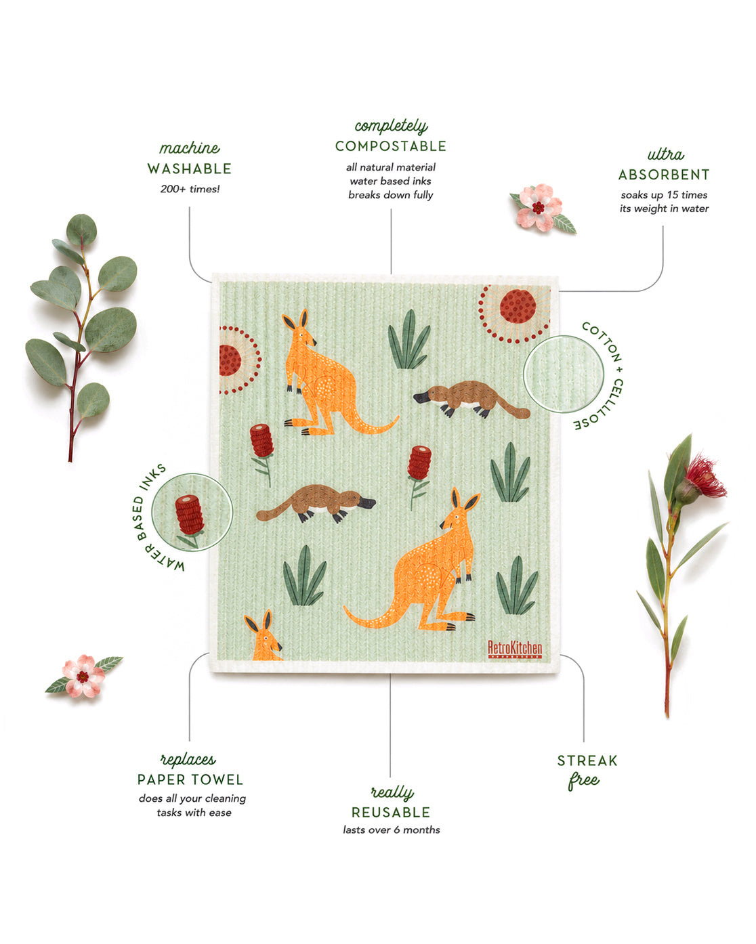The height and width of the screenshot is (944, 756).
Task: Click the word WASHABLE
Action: (189, 169)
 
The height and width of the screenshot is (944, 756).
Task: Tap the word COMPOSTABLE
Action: (390, 146)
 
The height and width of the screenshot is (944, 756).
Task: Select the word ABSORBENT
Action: (664, 175)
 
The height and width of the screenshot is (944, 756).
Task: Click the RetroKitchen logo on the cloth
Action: (515, 649)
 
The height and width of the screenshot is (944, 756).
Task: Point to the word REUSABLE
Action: (390, 813)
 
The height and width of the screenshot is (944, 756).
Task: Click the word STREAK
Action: (587, 760)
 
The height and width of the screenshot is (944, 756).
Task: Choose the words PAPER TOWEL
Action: (190, 779)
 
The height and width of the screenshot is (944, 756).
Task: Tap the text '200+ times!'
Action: (190, 189)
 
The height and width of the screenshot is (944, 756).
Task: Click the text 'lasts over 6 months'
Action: (392, 830)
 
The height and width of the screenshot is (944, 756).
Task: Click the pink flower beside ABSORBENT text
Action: (542, 209)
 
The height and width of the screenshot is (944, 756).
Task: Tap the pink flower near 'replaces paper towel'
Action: (83, 676)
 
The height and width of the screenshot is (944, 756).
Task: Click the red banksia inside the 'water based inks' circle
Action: (189, 515)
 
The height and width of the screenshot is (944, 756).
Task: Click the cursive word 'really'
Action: (392, 792)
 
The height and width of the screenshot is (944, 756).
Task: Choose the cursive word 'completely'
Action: (391, 127)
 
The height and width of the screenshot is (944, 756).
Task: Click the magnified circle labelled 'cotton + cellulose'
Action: (564, 374)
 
